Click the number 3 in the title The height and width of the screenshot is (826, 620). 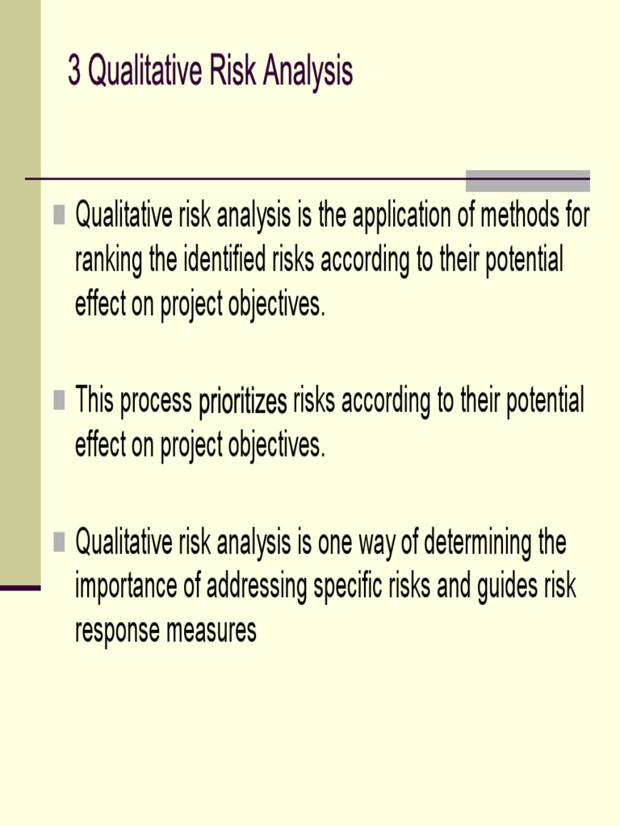[74, 73]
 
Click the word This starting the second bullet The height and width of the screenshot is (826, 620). [94, 401]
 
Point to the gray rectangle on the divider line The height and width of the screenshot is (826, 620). [528, 180]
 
